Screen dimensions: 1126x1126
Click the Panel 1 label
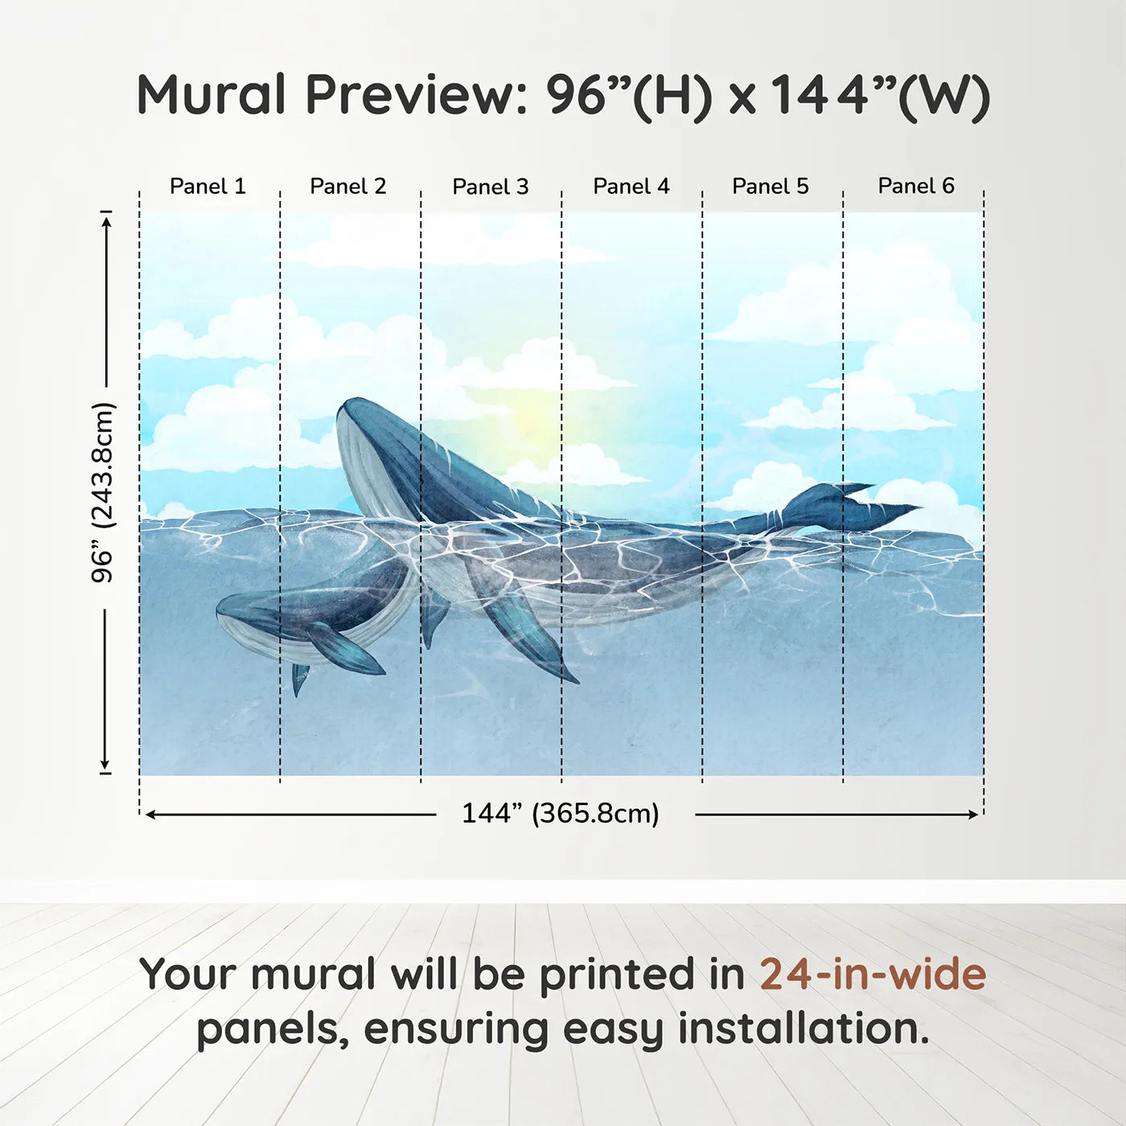tap(208, 187)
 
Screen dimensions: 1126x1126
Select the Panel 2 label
tap(348, 187)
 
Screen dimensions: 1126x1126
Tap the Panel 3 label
tap(491, 187)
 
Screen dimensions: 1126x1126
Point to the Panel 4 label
tap(631, 187)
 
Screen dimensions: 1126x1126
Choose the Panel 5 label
tap(771, 187)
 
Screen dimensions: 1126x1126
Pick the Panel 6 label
tap(916, 186)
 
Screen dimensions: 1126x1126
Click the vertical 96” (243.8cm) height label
tap(103, 492)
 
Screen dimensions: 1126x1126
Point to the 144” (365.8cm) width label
tap(561, 814)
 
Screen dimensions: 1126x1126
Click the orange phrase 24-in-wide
tap(873, 975)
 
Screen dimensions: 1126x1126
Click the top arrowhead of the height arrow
tap(105, 220)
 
